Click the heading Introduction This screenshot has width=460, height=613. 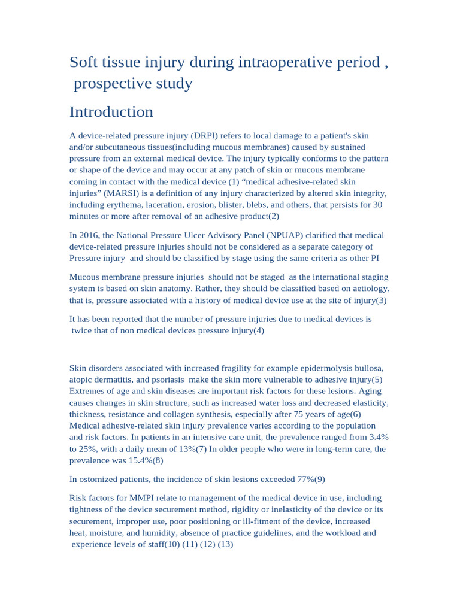pyautogui.click(x=111, y=112)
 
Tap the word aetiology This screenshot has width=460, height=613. pyautogui.click(x=368, y=289)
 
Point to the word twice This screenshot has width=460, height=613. pyautogui.click(x=83, y=330)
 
